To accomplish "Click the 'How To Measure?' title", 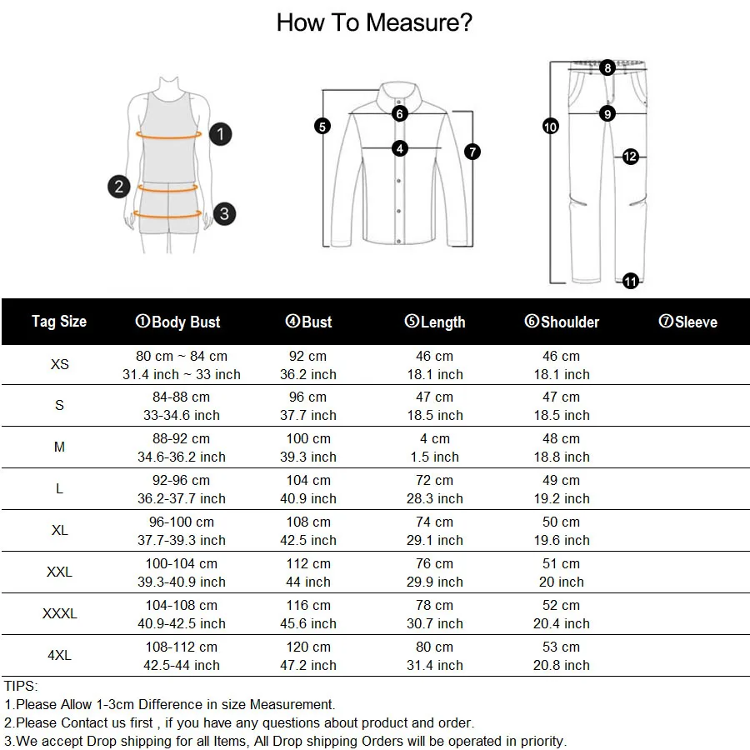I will pos(374,22).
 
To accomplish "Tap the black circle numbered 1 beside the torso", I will pos(220,133).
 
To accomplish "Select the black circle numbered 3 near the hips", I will pos(224,213).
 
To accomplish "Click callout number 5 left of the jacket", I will pos(322,127).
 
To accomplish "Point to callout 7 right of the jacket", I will pos(472,152).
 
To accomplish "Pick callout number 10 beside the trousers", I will pos(550,127).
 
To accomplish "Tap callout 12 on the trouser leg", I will pos(630,157).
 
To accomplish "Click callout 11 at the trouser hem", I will pos(631,282).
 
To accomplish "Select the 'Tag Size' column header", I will pos(59,322).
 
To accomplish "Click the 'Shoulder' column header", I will pos(562,322).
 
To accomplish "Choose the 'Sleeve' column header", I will pos(687,322).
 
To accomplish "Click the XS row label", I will pos(59,365).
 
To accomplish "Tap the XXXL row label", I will pos(59,614).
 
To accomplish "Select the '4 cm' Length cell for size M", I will pos(434,439).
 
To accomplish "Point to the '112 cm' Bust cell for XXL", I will pos(308,564).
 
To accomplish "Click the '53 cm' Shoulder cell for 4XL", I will pos(561,647).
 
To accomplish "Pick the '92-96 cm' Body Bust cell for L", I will pos(181,481).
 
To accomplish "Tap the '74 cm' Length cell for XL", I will pos(434,522).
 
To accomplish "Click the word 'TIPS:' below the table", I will pos(21,686).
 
